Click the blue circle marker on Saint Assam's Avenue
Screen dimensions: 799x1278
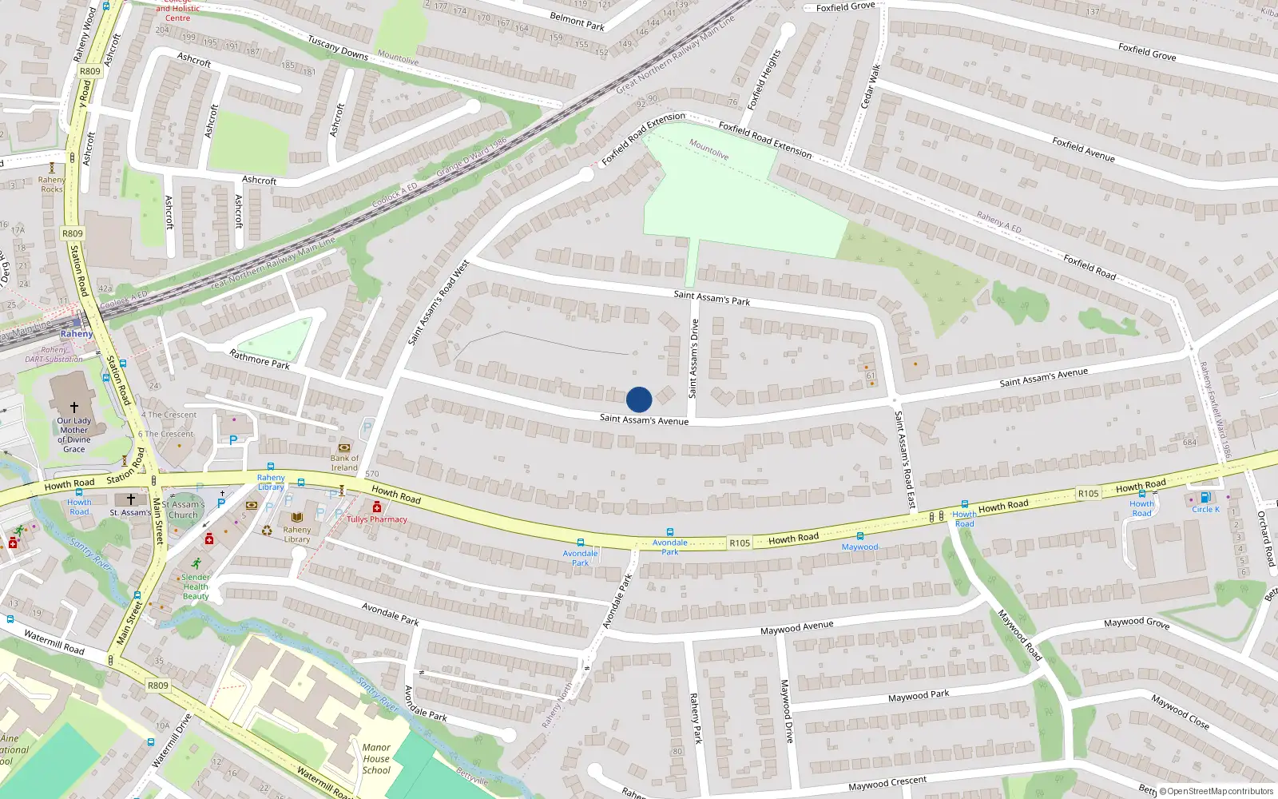[x=639, y=399]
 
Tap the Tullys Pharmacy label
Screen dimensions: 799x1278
[x=377, y=519]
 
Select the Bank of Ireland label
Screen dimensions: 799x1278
[x=344, y=463]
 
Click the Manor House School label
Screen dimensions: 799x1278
[x=376, y=759]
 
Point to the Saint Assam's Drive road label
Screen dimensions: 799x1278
[x=693, y=358]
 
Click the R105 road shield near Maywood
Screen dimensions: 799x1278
[x=740, y=543]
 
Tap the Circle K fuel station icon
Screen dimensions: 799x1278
[x=1205, y=498]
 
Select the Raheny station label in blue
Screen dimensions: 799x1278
[x=77, y=334]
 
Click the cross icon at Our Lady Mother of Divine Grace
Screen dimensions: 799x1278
[x=74, y=407]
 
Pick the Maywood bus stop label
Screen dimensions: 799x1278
[x=859, y=547]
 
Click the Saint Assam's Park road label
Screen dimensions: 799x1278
[x=712, y=298]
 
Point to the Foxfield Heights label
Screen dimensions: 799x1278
[x=764, y=80]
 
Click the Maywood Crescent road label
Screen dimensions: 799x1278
[x=887, y=784]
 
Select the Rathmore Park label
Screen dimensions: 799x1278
[x=260, y=360]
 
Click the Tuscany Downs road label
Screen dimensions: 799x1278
[x=338, y=49]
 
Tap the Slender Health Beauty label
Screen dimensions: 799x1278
[x=196, y=586]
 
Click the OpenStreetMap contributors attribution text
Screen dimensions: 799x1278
[x=1216, y=791]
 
